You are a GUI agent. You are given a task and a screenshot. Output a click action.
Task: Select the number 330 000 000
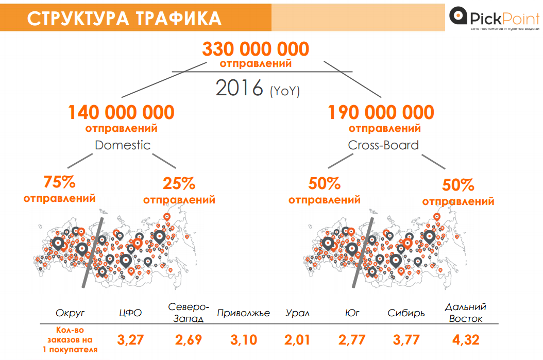pos(256,49)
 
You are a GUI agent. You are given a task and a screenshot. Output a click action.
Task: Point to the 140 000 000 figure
pos(121,112)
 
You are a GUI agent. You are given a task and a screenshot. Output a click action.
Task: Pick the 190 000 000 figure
pos(381,112)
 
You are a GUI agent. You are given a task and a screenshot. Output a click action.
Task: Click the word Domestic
pos(123,145)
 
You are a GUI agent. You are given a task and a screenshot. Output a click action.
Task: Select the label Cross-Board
pos(383,145)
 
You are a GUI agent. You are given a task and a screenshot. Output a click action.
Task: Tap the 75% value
pos(60,182)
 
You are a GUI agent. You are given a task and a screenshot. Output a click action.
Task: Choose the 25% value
pos(179,183)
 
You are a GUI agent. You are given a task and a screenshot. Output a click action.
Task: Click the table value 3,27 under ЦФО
pos(131,340)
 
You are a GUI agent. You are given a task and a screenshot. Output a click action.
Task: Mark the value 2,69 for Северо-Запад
pos(188,340)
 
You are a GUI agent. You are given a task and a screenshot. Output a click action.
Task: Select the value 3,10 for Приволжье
pos(243,340)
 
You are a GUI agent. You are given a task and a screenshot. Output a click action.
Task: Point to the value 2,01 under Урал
pos(297,340)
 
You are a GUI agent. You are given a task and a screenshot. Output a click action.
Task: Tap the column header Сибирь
pos(406,313)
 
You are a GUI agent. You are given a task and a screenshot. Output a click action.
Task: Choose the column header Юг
pos(352,313)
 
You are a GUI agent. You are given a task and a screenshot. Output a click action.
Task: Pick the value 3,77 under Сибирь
pos(406,340)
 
